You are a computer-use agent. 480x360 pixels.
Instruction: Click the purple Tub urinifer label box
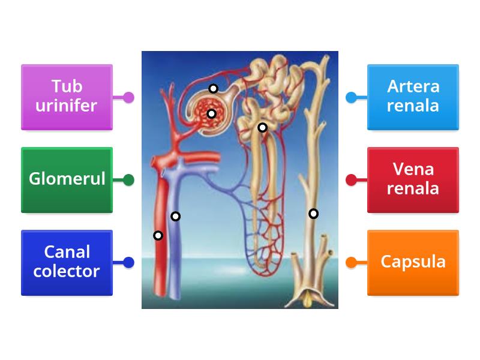pos(67,97)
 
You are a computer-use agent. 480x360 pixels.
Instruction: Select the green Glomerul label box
pos(67,179)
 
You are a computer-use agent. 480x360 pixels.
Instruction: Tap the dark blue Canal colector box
pos(67,262)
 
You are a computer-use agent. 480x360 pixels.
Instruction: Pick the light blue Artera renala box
pos(413,97)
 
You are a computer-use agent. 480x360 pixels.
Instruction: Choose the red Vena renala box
pos(413,179)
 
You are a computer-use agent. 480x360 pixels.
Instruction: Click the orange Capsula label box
pos(413,262)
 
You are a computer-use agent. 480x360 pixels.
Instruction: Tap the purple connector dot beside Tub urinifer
pos(128,97)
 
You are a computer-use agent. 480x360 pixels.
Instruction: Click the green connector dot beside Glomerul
pos(128,179)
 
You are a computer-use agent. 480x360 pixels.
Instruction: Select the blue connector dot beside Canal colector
pos(128,262)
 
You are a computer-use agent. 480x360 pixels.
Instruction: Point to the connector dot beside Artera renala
pos(352,97)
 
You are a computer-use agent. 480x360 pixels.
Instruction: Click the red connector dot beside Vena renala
pos(352,179)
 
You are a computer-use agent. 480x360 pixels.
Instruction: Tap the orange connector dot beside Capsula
pos(352,262)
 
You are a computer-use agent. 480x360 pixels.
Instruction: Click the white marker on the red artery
pos(158,236)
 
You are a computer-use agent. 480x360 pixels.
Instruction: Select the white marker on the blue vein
pos(175,216)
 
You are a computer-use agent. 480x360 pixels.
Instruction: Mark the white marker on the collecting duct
pos(313,214)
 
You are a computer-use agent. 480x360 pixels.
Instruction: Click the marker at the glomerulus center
pos(211,113)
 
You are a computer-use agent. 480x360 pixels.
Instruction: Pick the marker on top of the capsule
pos(213,89)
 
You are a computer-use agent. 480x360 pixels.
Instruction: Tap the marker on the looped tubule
pos(262,127)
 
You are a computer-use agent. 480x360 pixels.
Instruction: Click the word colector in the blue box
pos(67,271)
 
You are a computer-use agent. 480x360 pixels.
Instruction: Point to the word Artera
pos(413,87)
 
